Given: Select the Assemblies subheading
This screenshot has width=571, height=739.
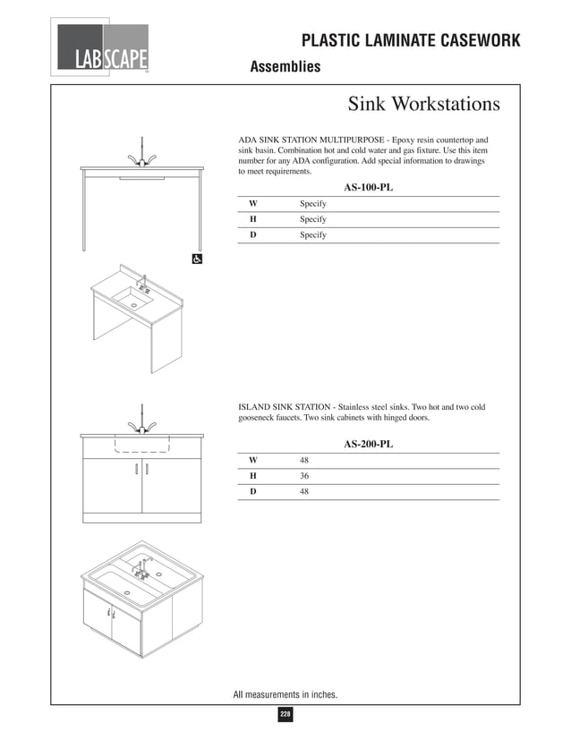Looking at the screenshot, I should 285,67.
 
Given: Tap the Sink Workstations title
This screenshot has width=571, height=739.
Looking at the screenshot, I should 423,105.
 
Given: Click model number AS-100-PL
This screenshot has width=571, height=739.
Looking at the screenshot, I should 368,188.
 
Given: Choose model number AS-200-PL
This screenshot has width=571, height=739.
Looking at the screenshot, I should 368,444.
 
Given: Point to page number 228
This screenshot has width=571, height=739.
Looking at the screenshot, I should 285,714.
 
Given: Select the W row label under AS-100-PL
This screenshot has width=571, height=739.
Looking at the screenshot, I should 253,204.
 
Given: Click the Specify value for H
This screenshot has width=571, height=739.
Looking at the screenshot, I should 312,219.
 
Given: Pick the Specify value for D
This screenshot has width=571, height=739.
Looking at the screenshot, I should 312,234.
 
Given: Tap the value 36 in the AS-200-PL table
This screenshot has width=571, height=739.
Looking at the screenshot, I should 305,476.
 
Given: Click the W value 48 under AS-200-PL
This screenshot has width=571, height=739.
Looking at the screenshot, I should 305,460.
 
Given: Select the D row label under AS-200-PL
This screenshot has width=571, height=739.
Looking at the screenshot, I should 253,491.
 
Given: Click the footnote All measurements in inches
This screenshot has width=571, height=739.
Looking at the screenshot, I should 285,693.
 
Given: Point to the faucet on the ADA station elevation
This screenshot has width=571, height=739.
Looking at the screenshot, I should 142,154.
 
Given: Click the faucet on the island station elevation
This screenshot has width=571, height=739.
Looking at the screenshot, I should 142,421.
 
